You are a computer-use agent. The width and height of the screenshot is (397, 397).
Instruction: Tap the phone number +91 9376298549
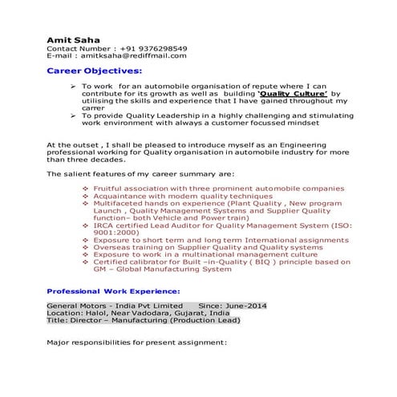[152, 48]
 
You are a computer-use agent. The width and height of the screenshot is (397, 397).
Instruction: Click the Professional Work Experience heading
[113, 291]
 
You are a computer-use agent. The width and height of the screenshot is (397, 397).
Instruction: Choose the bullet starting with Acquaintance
[183, 196]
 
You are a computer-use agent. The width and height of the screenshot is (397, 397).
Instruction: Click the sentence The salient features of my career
[140, 173]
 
